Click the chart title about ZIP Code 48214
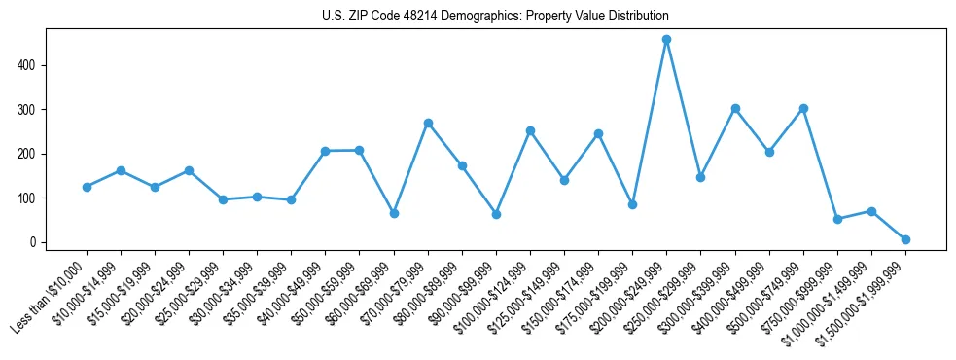[495, 17]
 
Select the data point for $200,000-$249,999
[666, 40]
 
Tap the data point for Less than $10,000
[87, 187]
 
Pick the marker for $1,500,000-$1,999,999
[905, 239]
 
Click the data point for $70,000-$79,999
[428, 124]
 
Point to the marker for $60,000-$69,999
[394, 213]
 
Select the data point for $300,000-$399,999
[735, 108]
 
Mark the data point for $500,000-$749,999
[803, 108]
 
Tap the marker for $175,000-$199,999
[632, 204]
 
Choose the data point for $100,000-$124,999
[530, 130]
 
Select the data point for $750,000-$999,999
[837, 219]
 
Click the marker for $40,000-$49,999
[326, 151]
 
